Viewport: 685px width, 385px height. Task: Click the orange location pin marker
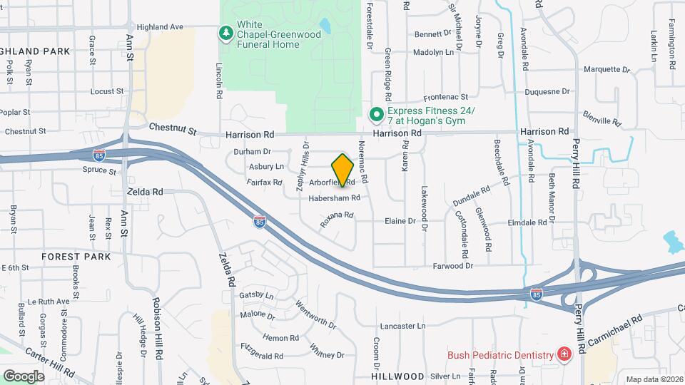coord(343,170)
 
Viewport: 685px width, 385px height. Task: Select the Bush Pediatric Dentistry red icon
coord(564,354)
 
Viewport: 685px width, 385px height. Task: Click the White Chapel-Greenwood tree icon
coord(226,32)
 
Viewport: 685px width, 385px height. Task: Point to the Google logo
coord(24,376)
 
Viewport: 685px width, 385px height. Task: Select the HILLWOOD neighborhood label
coord(397,375)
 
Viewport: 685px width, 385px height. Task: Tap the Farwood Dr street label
coord(452,266)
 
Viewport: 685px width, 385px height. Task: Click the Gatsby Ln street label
coord(257,295)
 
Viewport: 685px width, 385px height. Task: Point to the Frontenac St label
coord(445,97)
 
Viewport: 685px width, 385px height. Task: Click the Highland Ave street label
coord(161,27)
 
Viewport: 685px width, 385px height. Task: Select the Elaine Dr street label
coord(400,221)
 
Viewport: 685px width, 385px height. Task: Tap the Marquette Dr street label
coord(607,70)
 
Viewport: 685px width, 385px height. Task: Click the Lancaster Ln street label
coord(402,326)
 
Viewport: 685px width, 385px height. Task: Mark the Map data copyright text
coord(653,379)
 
